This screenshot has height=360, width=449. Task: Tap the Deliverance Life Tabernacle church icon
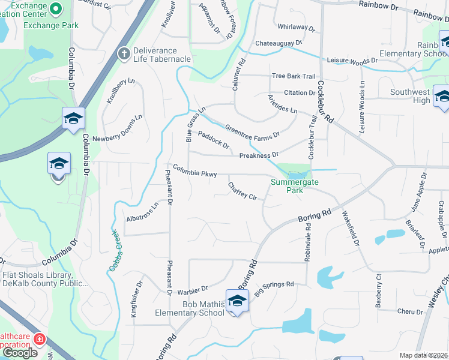124,55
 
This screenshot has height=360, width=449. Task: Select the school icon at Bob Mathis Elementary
237,301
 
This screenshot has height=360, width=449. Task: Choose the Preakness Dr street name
259,155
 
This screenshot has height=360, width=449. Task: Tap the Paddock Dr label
214,141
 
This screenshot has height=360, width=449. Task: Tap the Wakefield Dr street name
350,229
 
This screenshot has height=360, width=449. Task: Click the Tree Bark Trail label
293,76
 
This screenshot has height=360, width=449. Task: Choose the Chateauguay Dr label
279,43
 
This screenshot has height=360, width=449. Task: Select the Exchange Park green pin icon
56,8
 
